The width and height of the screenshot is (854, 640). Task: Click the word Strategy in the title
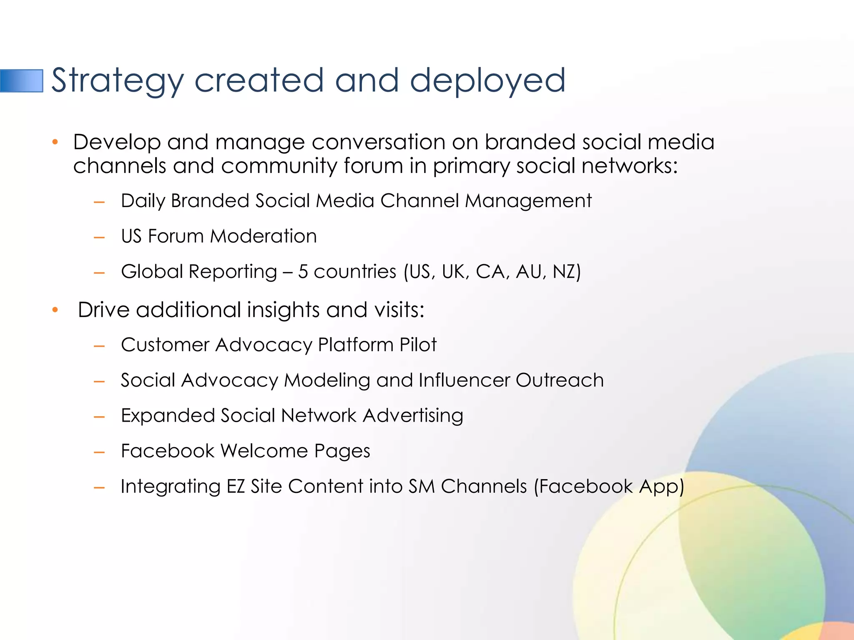tap(117, 81)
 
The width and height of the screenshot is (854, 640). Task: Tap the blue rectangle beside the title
tap(22, 81)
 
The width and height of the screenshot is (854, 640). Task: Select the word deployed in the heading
tap(487, 81)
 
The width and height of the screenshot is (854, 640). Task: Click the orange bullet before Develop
tap(55, 142)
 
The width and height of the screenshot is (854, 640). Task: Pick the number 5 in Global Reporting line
tap(303, 272)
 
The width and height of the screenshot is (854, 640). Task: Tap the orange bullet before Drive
tap(55, 310)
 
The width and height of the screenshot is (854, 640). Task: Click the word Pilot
tap(418, 345)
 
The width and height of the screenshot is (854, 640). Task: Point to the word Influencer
tap(464, 380)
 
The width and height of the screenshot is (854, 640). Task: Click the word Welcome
tap(264, 451)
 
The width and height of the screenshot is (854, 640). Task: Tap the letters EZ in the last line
tap(236, 487)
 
